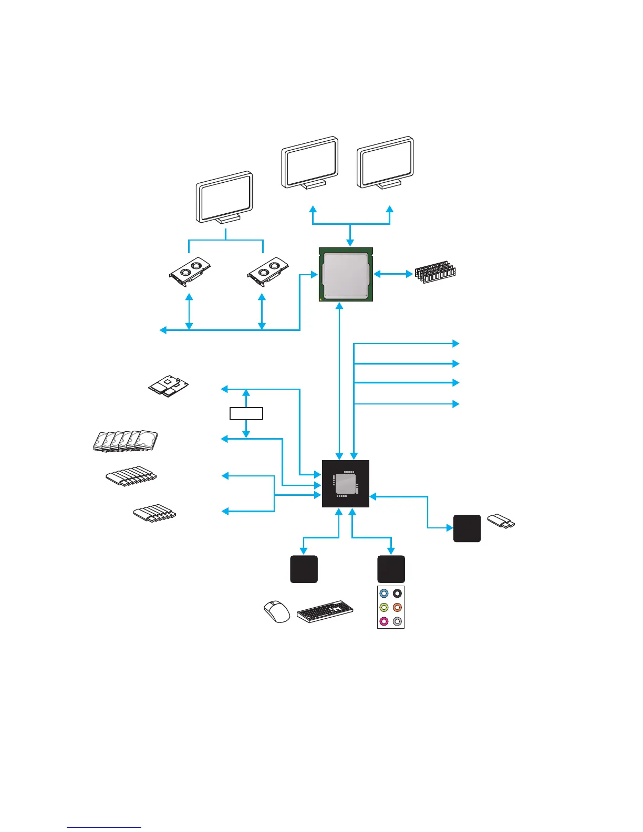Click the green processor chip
[346, 274]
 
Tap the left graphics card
[190, 272]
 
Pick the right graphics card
[268, 272]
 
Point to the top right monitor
[386, 163]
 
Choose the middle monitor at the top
[310, 163]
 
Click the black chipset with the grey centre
[345, 484]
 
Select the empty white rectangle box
[246, 413]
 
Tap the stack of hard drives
[125, 440]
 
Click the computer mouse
[277, 611]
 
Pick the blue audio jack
[384, 594]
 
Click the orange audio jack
[398, 608]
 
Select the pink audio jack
[384, 621]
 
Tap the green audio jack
[384, 608]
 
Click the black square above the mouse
[304, 569]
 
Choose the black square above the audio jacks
[391, 569]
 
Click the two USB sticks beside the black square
[501, 522]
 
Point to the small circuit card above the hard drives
[168, 386]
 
